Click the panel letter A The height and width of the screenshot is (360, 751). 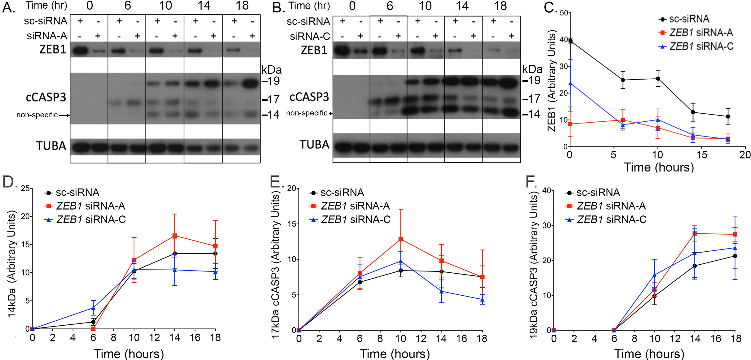click(x=8, y=7)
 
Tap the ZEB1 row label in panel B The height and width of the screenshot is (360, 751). click(x=314, y=50)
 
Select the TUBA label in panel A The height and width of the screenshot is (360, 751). click(x=51, y=146)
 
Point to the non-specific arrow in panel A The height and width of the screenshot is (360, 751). click(x=64, y=115)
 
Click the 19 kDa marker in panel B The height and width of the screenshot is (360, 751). click(x=532, y=80)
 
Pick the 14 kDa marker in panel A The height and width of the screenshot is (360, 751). click(x=271, y=115)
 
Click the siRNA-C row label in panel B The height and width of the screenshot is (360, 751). click(x=310, y=37)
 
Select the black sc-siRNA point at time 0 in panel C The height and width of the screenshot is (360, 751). click(x=570, y=41)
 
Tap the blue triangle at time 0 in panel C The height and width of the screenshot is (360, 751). click(x=570, y=83)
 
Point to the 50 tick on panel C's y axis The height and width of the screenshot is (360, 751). click(x=564, y=13)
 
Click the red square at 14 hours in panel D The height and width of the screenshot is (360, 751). click(x=175, y=236)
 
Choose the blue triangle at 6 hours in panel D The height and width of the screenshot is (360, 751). click(x=93, y=308)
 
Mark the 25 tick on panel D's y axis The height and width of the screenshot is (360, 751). click(x=25, y=189)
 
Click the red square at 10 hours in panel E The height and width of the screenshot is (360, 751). click(x=401, y=239)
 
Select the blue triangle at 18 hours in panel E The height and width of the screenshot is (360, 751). click(x=482, y=300)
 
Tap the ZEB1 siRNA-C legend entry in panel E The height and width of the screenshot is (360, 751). click(x=350, y=219)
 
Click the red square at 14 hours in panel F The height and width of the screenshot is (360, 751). click(x=695, y=233)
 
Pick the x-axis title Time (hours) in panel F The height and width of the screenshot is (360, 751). click(x=649, y=353)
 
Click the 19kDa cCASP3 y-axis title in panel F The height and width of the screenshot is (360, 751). click(x=533, y=265)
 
